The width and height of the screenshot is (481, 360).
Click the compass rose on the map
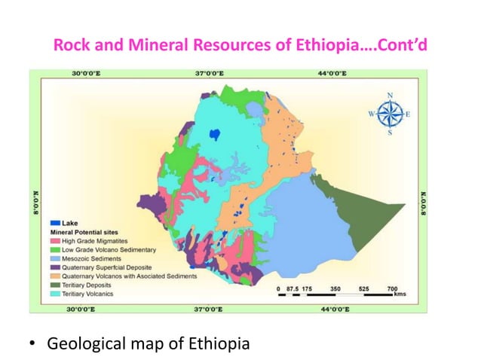(390, 114)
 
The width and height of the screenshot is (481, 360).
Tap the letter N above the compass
(390, 95)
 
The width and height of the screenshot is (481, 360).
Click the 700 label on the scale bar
(392, 288)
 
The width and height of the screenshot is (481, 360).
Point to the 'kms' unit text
(400, 295)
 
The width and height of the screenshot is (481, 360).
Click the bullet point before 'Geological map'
(32, 346)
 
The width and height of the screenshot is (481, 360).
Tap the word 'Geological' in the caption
(86, 345)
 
